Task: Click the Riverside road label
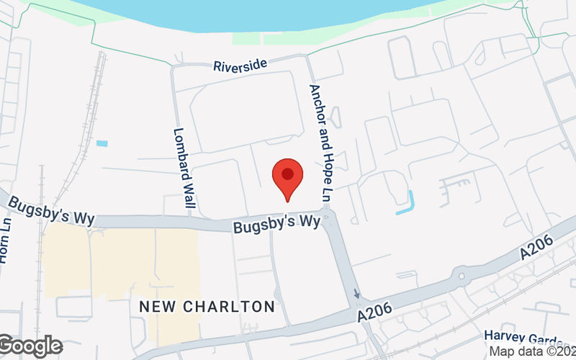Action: [240, 66]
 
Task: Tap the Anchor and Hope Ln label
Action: [321, 143]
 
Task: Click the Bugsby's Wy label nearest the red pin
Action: [276, 224]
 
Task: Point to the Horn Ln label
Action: [6, 245]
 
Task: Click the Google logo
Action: [31, 346]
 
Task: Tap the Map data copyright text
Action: [532, 351]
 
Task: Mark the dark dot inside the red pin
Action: [287, 174]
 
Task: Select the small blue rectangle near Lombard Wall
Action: [102, 143]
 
